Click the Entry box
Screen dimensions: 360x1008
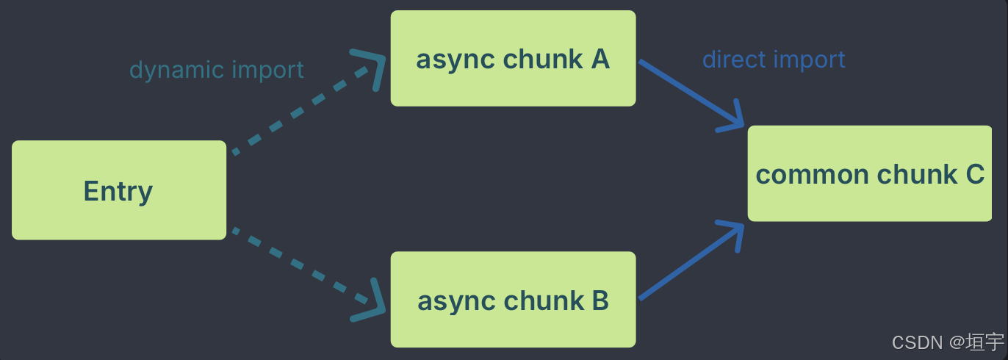pyautogui.click(x=118, y=190)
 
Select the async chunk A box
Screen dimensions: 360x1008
pyautogui.click(x=513, y=59)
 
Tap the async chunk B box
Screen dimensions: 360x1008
pyautogui.click(x=513, y=300)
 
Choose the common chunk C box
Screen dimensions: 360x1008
pyautogui.click(x=870, y=174)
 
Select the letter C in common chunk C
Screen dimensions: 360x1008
pyautogui.click(x=974, y=174)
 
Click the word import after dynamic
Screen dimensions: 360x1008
pyautogui.click(x=267, y=70)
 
